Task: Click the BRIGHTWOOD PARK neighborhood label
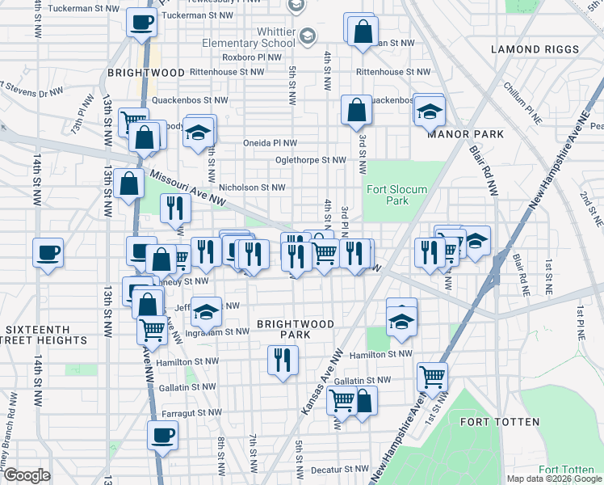click(295, 329)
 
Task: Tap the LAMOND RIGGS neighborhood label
click(535, 49)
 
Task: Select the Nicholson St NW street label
click(253, 187)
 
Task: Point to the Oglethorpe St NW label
click(310, 160)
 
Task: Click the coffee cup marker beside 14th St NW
click(48, 252)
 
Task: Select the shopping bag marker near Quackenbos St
click(356, 110)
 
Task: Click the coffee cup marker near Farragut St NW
click(162, 436)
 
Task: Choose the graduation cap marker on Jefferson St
click(207, 310)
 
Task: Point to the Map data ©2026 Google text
click(553, 479)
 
